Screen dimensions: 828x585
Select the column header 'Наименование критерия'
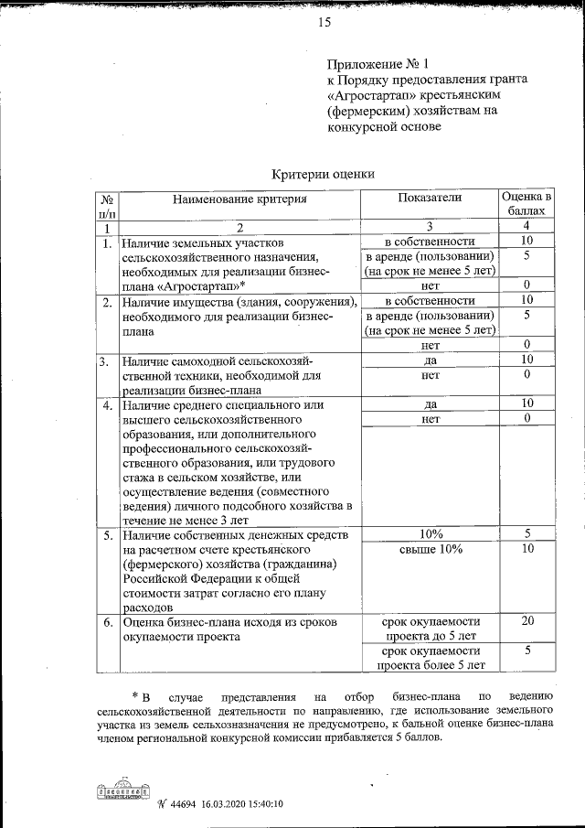240,198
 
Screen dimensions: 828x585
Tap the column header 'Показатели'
430,197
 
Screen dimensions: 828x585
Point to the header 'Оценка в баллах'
526,204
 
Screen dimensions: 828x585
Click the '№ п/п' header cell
107,204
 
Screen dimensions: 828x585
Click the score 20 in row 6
526,621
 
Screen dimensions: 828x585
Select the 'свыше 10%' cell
430,549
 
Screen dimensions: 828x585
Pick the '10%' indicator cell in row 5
430,533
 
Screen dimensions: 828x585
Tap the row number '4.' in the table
107,404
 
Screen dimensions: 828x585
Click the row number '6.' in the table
107,622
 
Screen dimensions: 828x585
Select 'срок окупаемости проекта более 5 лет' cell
430,657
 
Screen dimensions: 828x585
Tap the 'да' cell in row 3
430,360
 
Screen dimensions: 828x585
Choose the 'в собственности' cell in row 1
430,242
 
